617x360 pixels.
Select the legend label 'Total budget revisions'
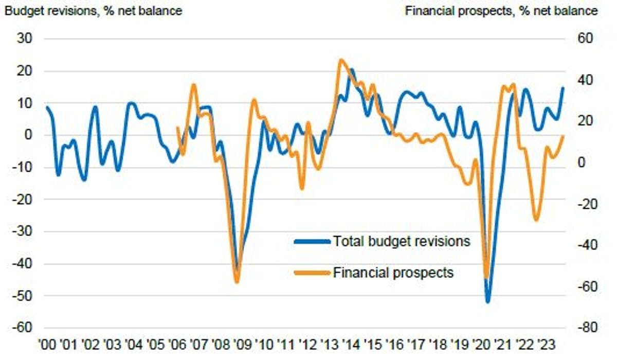tap(402, 241)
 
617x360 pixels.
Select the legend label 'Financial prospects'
tap(393, 272)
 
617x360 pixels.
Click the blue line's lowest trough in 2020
tap(487, 301)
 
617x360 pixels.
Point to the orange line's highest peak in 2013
tap(340, 60)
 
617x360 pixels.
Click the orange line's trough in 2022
tap(536, 220)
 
